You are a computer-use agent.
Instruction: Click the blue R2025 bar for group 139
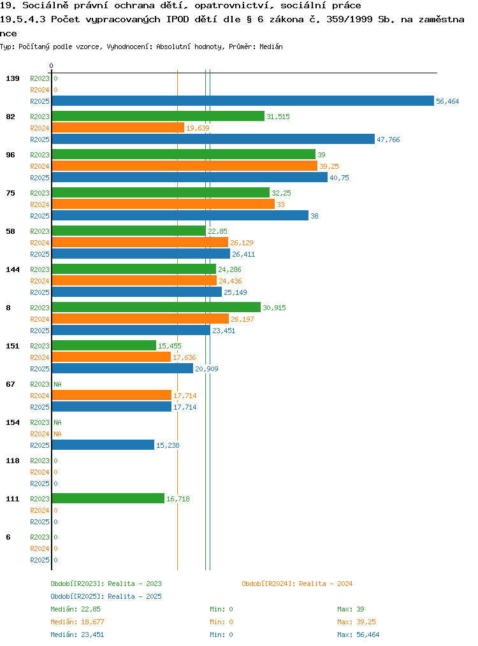243,101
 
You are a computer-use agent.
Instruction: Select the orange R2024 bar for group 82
118,127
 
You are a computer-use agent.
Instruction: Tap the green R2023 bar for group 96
184,155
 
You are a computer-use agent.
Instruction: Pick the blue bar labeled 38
180,215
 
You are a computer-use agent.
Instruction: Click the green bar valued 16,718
108,498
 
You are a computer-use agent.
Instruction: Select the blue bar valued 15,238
103,445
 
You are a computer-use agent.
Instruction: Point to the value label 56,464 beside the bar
447,101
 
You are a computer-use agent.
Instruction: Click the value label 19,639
198,128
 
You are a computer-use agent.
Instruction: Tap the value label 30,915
275,308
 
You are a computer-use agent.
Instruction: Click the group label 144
13,269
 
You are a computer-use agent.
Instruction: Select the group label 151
13,346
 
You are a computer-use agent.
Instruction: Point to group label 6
8,537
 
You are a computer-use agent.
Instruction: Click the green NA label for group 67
58,384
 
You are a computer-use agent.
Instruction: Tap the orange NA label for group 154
58,434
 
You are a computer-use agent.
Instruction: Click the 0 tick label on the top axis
51,66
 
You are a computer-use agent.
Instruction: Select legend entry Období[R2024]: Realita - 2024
297,584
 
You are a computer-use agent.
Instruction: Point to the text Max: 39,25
356,622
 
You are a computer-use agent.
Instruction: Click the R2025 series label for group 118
40,484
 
